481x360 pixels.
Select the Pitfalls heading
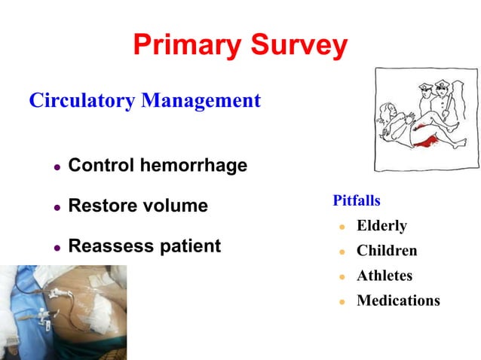point(356,201)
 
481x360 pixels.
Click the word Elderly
point(381,226)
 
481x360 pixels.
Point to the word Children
point(387,251)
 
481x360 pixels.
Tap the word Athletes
point(384,276)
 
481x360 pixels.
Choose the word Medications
point(398,301)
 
